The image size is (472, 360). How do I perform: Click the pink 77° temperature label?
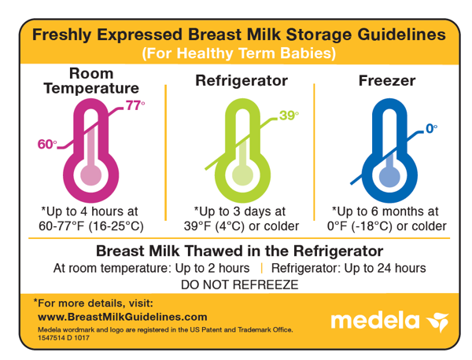click(135, 105)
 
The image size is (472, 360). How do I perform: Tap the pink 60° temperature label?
click(47, 145)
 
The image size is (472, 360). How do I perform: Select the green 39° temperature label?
click(289, 116)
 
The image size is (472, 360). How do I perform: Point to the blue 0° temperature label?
click(432, 129)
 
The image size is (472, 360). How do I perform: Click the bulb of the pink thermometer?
click(91, 175)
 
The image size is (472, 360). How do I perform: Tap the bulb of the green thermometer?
click(242, 175)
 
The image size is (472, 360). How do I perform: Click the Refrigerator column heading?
click(242, 81)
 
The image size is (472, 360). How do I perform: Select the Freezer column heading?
click(387, 81)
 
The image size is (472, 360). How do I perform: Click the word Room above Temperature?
click(91, 73)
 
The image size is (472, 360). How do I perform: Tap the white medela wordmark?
click(375, 321)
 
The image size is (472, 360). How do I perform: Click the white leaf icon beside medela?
click(438, 321)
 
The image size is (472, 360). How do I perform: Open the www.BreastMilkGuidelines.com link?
click(123, 317)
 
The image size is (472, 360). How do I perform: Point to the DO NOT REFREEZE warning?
click(240, 285)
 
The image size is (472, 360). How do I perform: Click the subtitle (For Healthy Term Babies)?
click(239, 53)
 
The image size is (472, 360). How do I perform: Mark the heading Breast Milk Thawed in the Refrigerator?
click(240, 251)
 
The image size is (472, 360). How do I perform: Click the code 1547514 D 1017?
click(64, 338)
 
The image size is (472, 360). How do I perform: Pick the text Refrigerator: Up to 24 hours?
click(348, 268)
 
